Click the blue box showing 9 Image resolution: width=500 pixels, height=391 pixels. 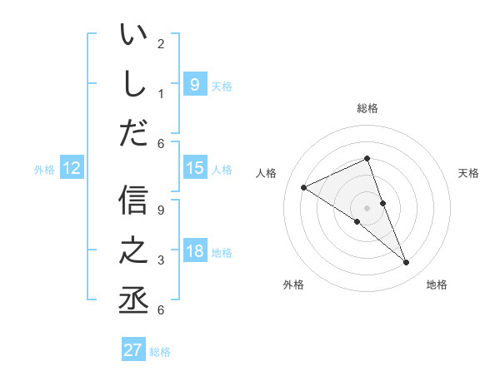click(194, 84)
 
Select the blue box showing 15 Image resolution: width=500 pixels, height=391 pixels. click(194, 168)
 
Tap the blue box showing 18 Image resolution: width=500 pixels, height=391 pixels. click(194, 251)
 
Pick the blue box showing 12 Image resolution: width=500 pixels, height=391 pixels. click(71, 168)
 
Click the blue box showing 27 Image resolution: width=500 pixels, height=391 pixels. click(133, 350)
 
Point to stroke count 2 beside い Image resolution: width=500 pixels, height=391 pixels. click(161, 43)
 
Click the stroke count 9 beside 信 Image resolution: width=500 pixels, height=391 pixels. click(161, 210)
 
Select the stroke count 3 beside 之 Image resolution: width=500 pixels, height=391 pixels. click(161, 260)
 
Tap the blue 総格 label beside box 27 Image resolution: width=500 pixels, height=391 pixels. click(160, 352)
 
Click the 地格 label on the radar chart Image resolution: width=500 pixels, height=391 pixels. click(437, 285)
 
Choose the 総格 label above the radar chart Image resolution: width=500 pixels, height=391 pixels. click(367, 108)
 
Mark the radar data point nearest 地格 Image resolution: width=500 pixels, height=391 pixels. click(407, 263)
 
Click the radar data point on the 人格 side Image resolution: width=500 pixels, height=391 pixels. click(303, 187)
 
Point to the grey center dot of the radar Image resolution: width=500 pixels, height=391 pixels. click(367, 207)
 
